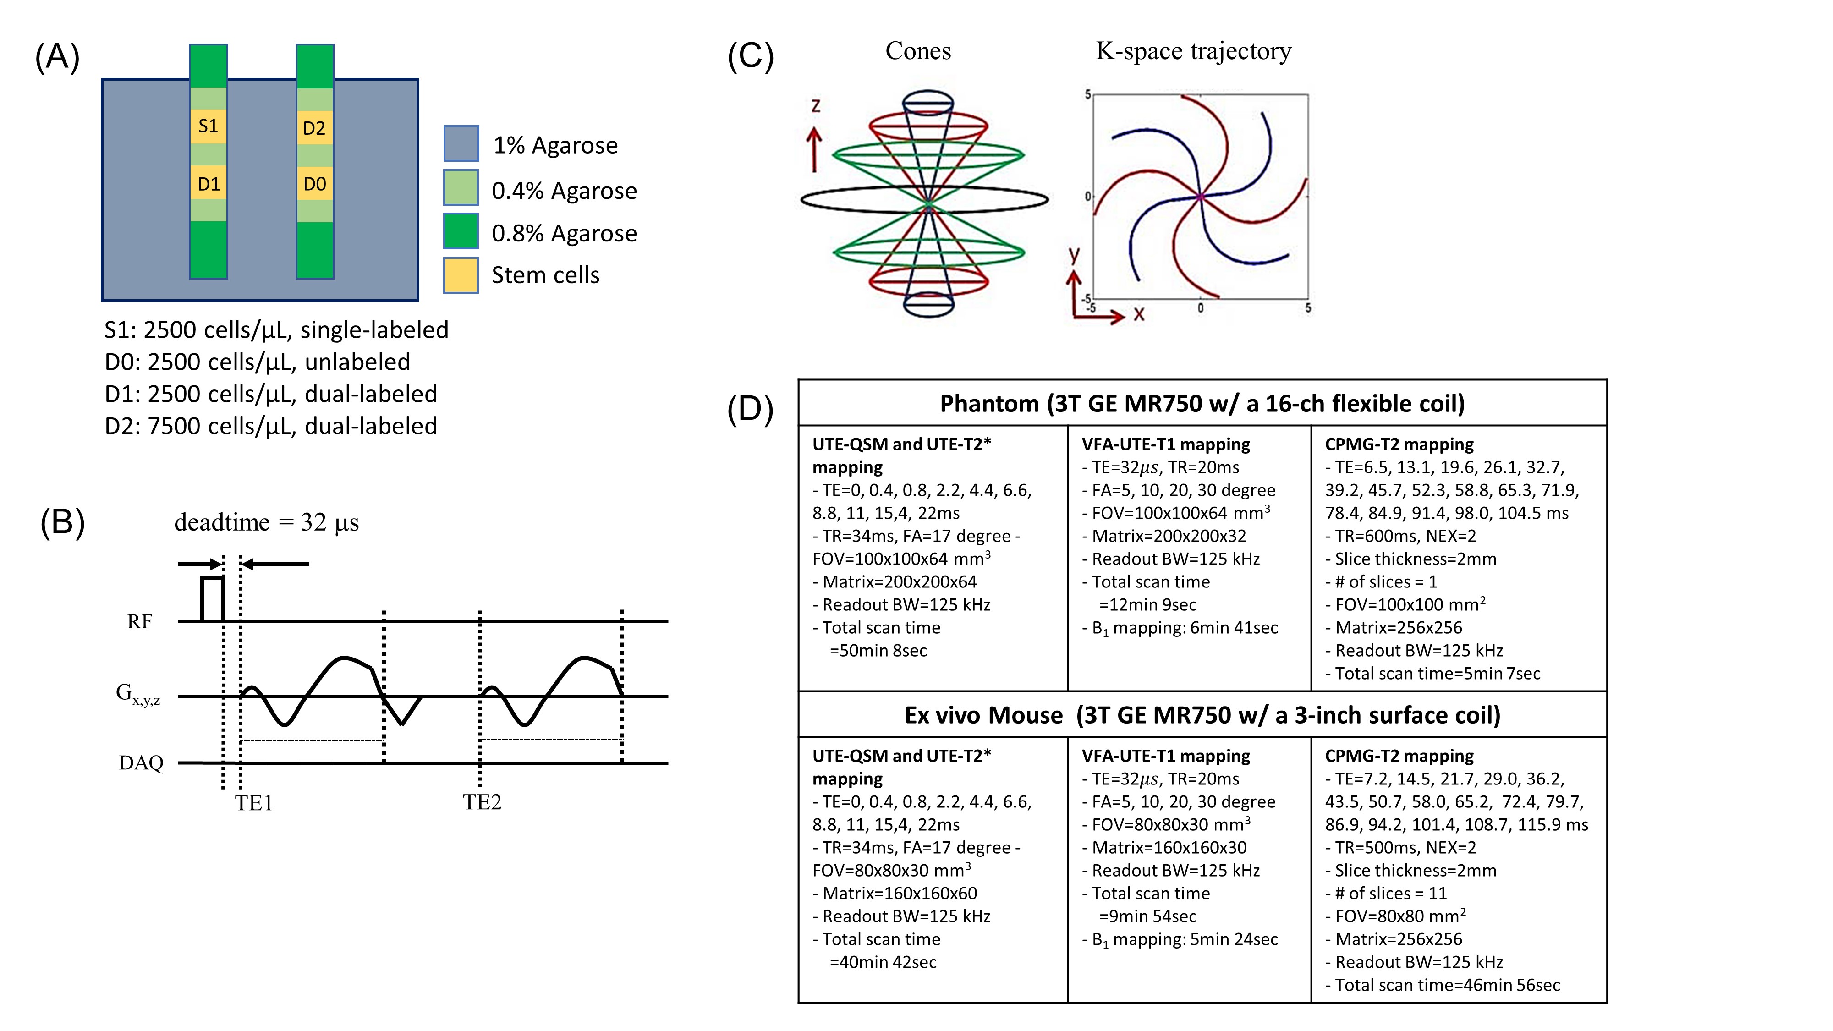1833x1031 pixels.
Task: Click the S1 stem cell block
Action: click(208, 126)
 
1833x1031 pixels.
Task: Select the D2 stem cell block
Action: click(314, 128)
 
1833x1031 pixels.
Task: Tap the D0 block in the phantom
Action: click(314, 184)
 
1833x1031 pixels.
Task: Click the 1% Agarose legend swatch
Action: click(461, 144)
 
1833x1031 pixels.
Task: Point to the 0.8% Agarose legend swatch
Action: click(461, 231)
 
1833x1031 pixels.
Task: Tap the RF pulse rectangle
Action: click(212, 598)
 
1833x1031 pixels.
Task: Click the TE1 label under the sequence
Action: click(254, 803)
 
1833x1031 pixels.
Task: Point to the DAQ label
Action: click(141, 763)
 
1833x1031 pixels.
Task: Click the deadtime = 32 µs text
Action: click(266, 522)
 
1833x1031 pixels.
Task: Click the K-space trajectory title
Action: click(1193, 51)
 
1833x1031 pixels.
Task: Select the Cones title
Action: click(918, 51)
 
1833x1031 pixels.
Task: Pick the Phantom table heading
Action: click(1202, 403)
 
